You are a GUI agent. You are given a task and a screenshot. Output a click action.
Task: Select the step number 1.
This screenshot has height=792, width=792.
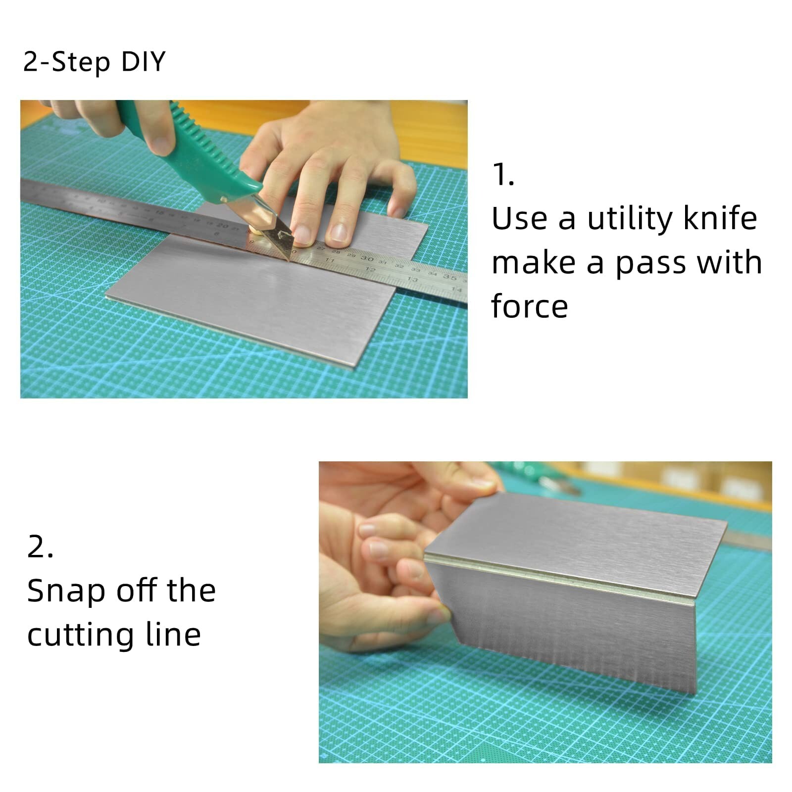point(503,175)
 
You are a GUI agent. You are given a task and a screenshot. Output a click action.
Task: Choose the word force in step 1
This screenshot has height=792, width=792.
point(529,306)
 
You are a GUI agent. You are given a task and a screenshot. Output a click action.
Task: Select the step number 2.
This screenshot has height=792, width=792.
point(40,547)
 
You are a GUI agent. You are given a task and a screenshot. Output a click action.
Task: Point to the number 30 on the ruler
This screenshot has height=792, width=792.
point(367,258)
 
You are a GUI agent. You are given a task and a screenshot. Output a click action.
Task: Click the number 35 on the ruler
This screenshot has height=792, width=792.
point(449,277)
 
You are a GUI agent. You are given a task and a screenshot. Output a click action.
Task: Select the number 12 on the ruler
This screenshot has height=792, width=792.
point(370,269)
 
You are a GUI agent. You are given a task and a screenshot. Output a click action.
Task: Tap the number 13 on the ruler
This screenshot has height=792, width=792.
point(412,279)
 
